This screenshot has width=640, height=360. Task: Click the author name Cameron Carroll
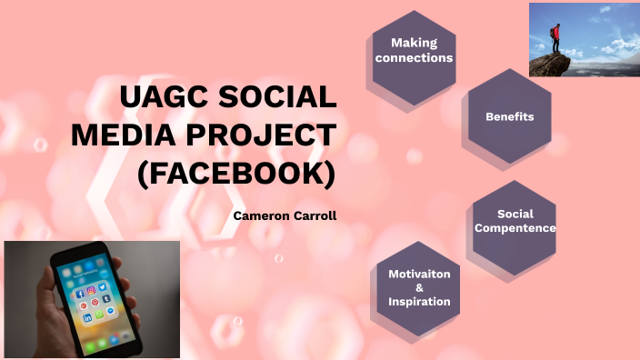point(278,216)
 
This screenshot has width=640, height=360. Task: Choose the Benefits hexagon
point(509,117)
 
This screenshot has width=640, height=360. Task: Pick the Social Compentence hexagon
point(515,221)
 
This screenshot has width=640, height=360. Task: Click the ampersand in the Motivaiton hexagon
point(419,287)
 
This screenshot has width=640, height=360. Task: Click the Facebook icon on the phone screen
point(81,295)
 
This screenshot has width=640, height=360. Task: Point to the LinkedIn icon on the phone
point(87,318)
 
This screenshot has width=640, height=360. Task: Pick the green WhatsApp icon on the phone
point(100,314)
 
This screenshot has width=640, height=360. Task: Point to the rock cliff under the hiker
point(551,64)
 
